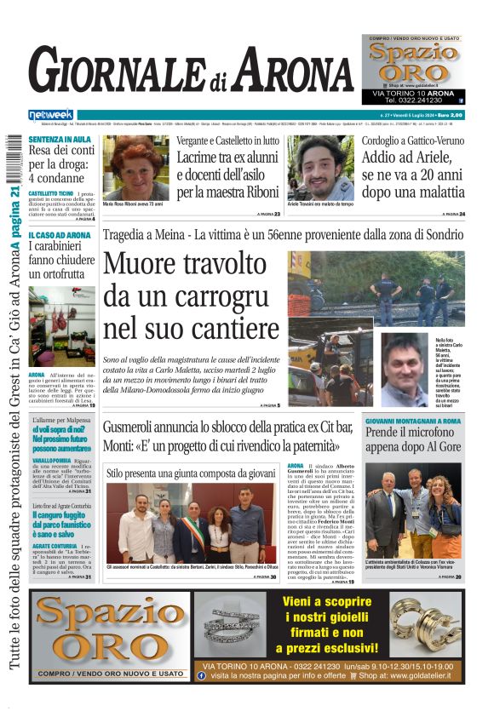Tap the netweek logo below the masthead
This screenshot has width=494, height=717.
click(x=50, y=115)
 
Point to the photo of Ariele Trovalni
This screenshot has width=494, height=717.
click(x=323, y=167)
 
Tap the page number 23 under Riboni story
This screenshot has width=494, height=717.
click(x=276, y=214)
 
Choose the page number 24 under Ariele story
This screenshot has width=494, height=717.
click(x=461, y=214)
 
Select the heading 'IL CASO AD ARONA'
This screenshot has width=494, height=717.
click(x=59, y=235)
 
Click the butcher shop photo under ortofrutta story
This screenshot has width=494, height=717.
click(x=61, y=325)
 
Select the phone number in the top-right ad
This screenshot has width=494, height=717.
click(x=413, y=101)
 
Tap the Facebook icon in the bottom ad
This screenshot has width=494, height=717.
click(x=201, y=674)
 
